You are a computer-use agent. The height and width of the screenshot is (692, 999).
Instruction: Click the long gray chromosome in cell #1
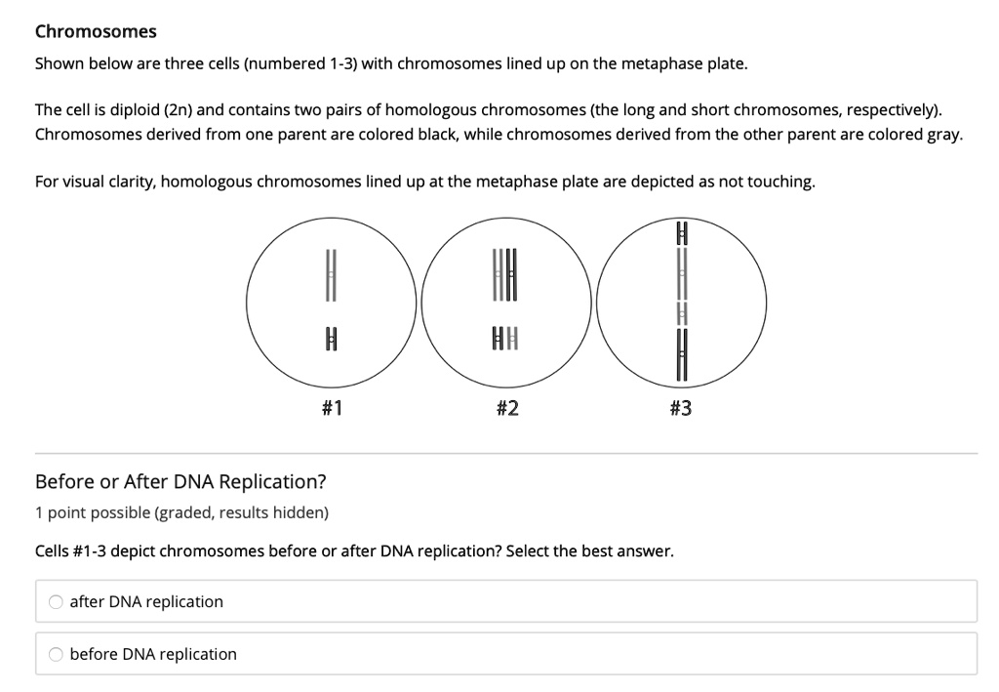point(331,274)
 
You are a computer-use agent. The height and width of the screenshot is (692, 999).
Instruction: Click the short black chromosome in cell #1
point(331,341)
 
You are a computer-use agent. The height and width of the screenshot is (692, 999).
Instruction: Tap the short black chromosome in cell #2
point(498,341)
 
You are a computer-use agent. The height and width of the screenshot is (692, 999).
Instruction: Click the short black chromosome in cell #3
point(683,234)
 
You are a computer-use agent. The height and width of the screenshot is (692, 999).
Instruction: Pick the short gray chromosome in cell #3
point(683,314)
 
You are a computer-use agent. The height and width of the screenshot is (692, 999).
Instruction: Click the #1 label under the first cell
point(331,409)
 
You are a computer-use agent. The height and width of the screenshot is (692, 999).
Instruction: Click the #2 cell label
point(506,409)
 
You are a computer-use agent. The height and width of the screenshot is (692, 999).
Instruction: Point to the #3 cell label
point(681,409)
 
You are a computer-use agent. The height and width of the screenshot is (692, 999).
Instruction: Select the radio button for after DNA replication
point(57,602)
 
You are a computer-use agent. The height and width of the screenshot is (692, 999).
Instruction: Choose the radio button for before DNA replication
point(57,654)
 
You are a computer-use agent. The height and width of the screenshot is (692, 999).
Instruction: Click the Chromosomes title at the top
point(96,31)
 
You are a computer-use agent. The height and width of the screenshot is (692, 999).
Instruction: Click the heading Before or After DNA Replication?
point(180,481)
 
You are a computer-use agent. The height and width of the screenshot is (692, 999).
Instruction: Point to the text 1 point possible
point(93,512)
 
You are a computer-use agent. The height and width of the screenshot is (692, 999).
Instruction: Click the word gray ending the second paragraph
point(942,133)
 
